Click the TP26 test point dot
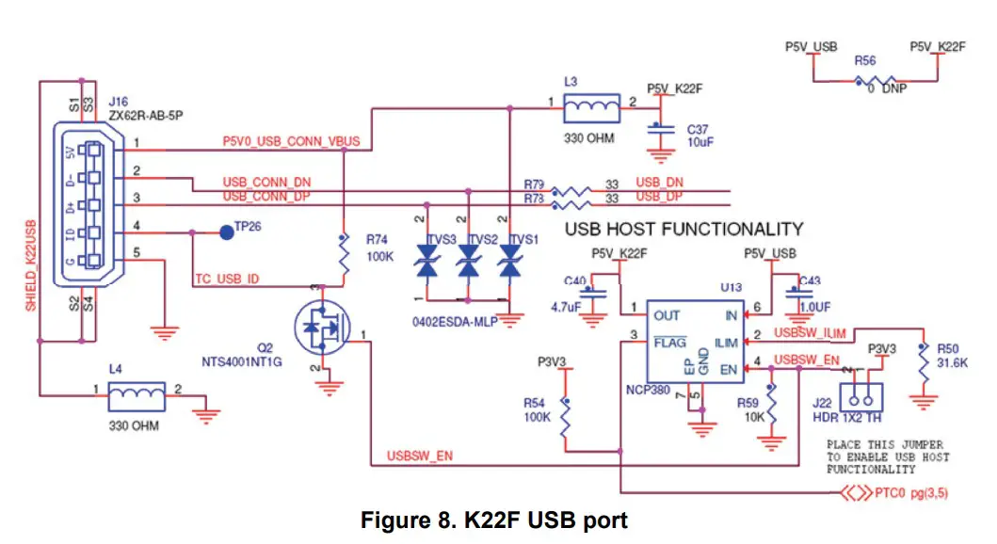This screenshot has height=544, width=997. click(226, 232)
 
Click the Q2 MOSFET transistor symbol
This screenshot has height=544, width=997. click(321, 329)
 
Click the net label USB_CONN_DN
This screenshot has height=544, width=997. click(266, 181)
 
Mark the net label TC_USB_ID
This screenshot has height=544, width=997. click(227, 280)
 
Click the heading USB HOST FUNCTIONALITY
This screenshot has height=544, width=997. click(683, 229)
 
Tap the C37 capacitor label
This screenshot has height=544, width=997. click(698, 128)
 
